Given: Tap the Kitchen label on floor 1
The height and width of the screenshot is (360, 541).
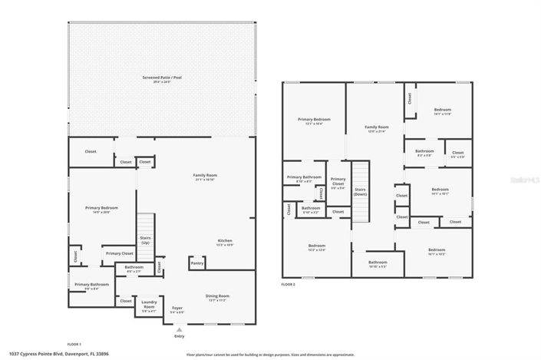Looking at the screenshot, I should tap(224, 243).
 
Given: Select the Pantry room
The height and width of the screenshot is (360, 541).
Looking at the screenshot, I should tap(196, 263).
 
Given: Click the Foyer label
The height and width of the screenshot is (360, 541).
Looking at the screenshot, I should tap(177, 310).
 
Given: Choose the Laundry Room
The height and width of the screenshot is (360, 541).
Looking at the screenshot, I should tap(148, 309).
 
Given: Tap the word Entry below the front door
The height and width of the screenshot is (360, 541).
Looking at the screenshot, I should tap(179, 336).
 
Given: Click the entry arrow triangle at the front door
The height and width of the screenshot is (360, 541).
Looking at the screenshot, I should tap(179, 329).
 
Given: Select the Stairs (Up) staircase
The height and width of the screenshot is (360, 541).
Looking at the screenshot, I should tap(145, 230).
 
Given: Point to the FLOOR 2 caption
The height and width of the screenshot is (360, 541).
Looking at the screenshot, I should tap(288, 284).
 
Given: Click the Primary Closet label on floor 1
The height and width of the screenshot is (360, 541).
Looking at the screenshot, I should tap(119, 253).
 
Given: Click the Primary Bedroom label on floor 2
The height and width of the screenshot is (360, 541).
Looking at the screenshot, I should tap(315, 121).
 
